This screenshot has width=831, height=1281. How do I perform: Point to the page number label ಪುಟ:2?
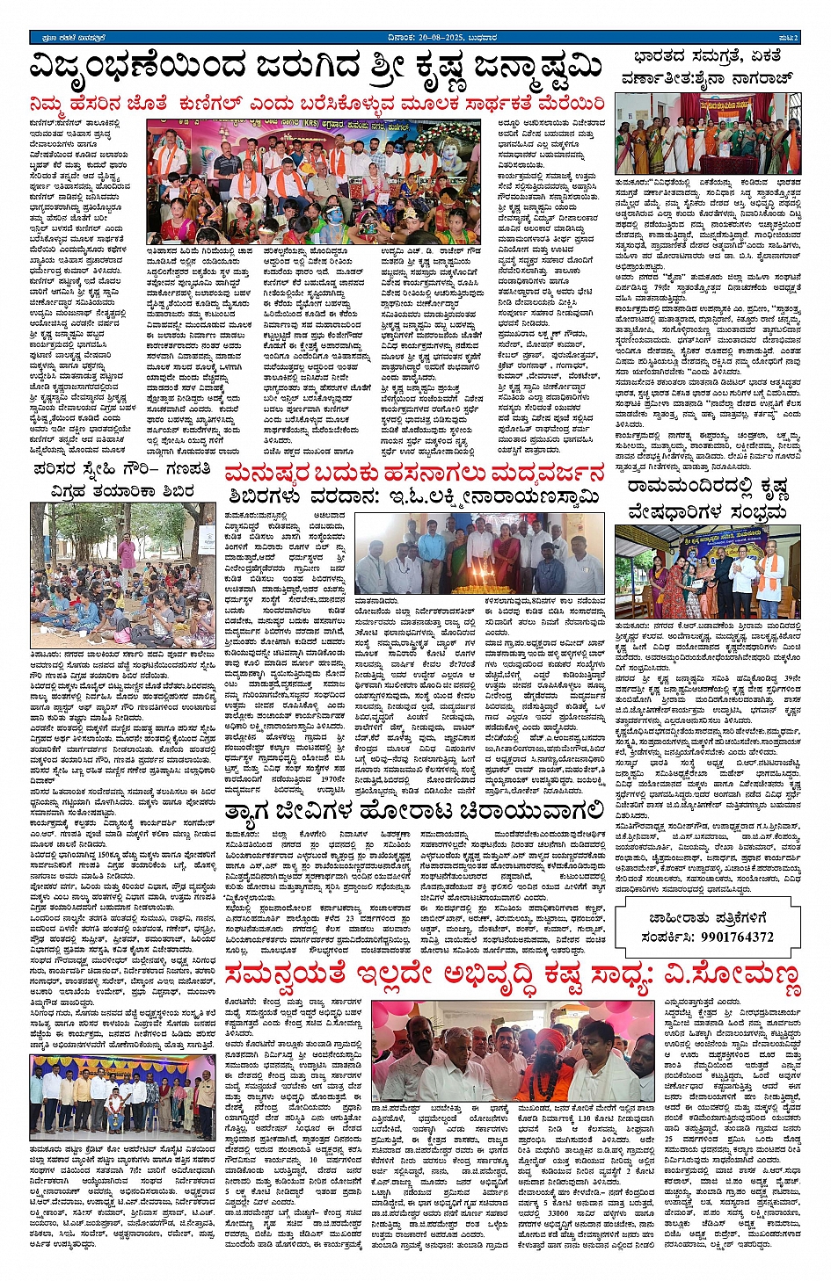[788, 38]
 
